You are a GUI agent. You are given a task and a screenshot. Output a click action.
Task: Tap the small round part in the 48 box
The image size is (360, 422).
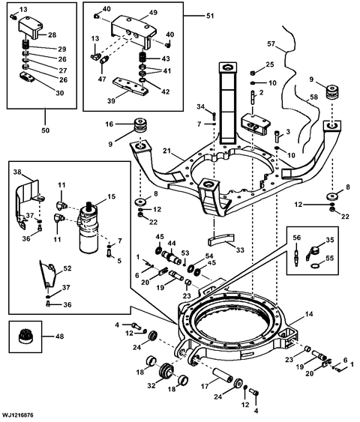pos(23,337)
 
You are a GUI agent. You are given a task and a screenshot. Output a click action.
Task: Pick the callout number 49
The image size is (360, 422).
pos(153,12)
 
